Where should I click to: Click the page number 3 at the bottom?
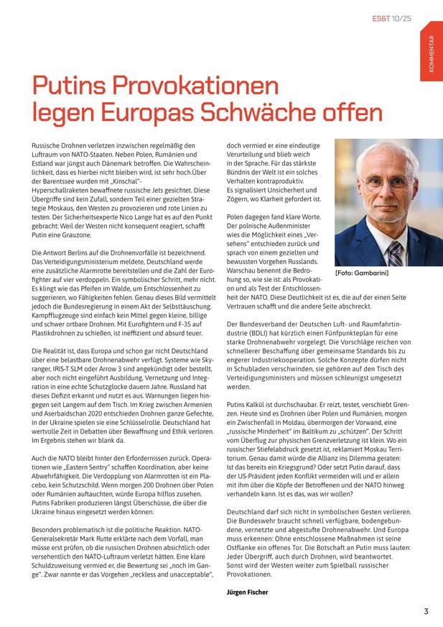pyautogui.click(x=426, y=611)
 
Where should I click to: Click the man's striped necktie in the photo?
pyautogui.click(x=394, y=252)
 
